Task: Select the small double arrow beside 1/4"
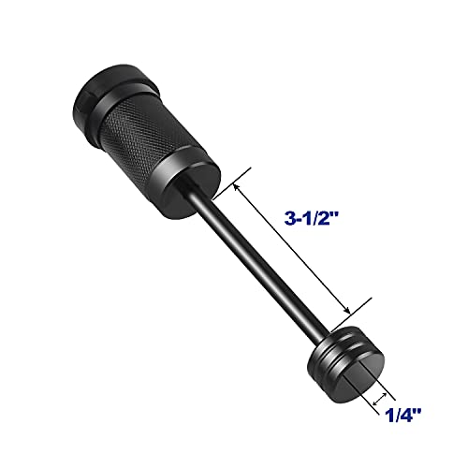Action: pos(382,400)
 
